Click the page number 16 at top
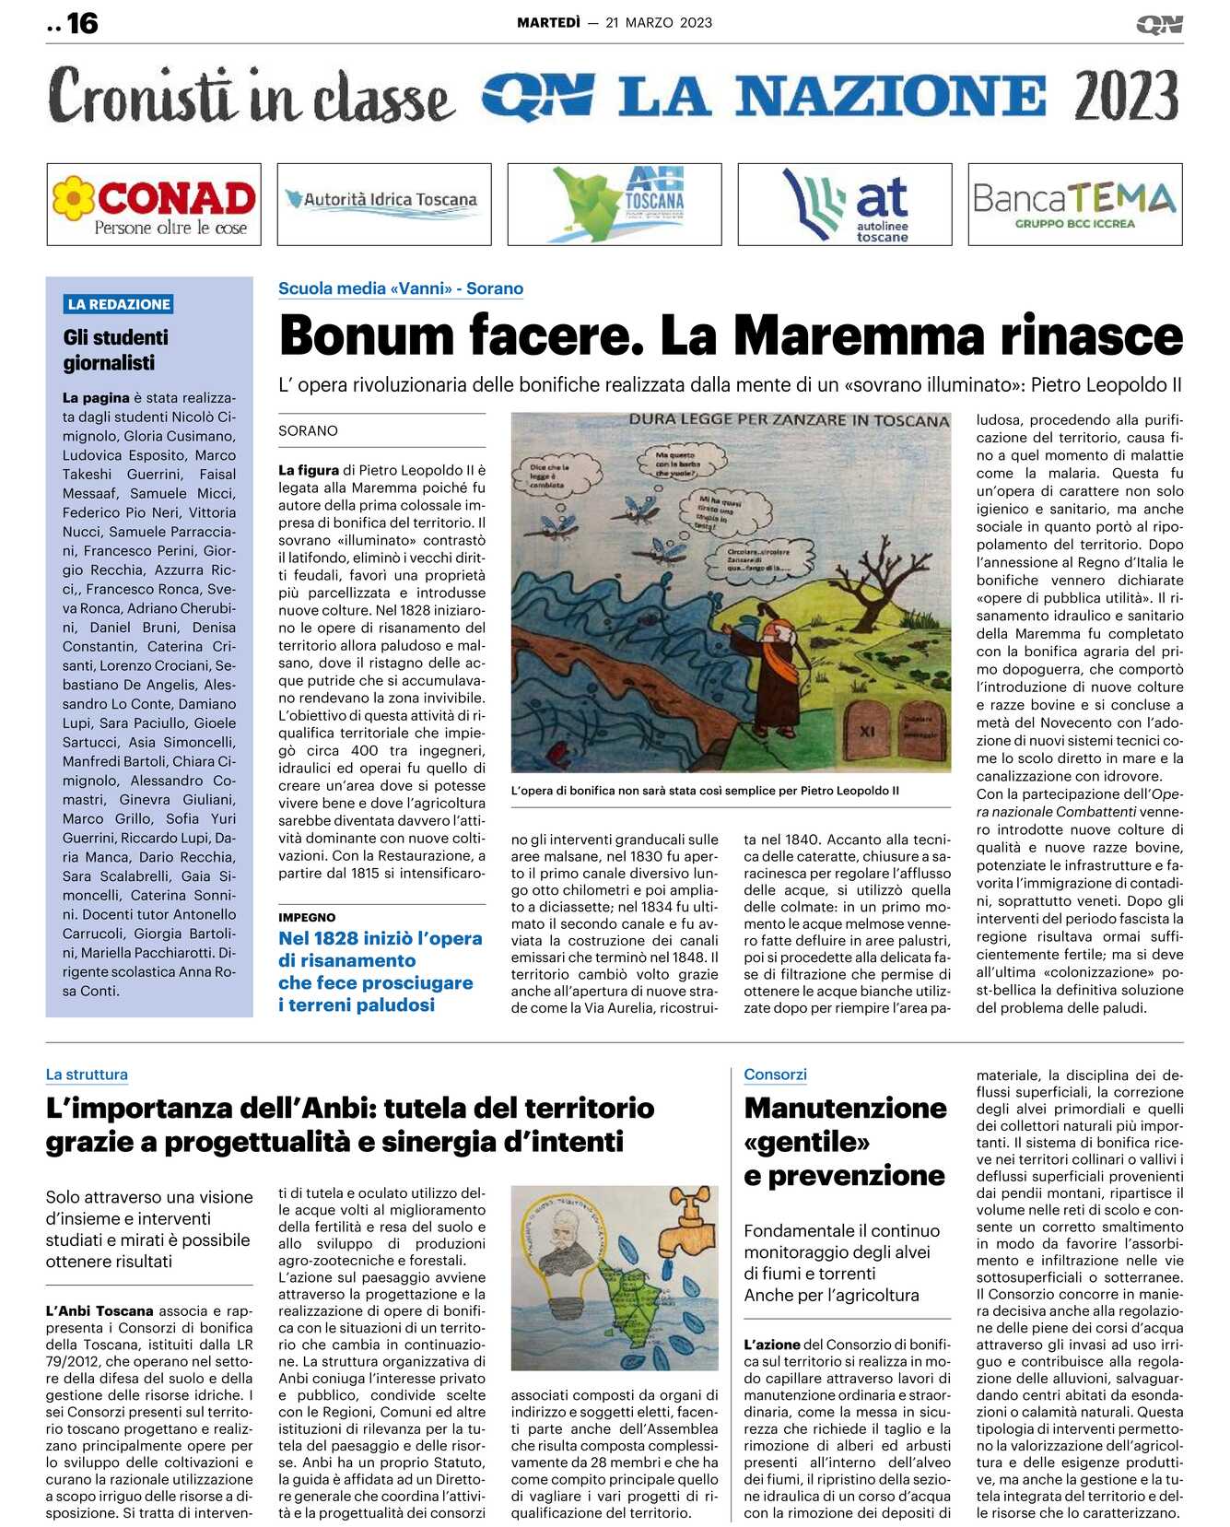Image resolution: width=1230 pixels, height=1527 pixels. (82, 23)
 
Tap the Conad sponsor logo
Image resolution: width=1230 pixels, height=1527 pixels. (154, 205)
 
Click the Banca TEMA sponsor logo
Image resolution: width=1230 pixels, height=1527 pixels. (1074, 205)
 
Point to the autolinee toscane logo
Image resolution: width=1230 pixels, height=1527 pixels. (844, 205)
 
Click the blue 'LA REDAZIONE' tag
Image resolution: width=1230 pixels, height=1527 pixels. (119, 304)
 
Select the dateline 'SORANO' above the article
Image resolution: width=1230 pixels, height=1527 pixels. (308, 430)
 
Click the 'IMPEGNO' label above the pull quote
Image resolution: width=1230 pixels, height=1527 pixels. (307, 917)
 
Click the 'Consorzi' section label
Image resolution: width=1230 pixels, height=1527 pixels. (775, 1075)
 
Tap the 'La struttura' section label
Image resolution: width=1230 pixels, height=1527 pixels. (87, 1075)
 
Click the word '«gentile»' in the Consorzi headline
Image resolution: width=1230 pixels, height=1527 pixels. (806, 1142)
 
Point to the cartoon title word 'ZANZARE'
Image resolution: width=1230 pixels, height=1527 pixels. (837, 420)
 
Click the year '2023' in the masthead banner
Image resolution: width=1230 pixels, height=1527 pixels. (1126, 96)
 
